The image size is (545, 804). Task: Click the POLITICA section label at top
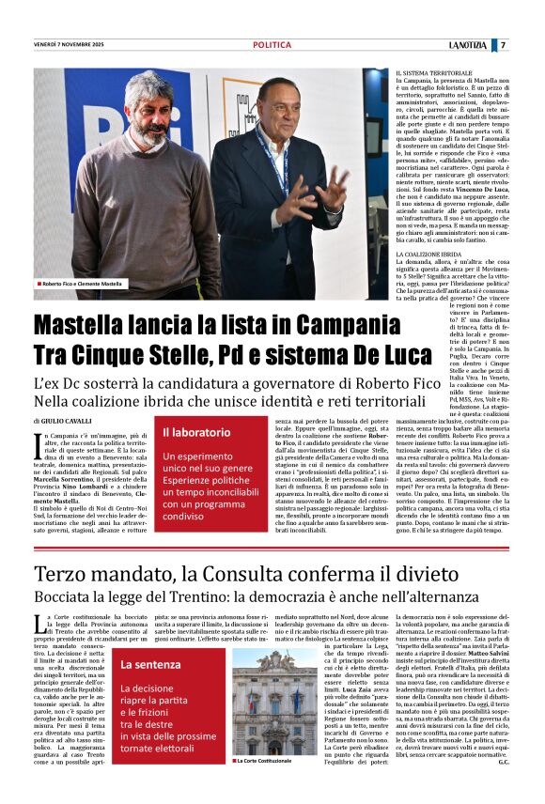click(272, 45)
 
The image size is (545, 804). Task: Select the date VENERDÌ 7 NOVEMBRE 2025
click(70, 45)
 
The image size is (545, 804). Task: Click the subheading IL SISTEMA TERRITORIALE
click(433, 72)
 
